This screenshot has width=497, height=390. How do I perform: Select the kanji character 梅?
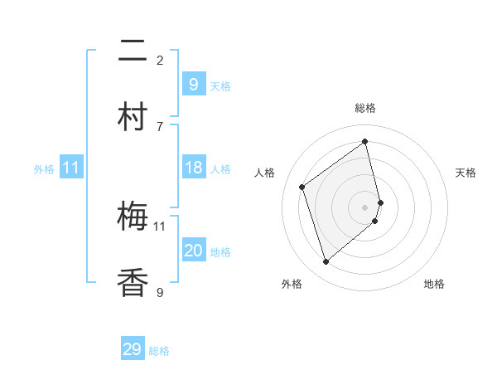133,217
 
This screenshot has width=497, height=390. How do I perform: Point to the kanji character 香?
133,282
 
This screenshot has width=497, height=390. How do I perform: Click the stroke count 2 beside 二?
160,60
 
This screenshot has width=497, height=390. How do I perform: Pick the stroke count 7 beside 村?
160,126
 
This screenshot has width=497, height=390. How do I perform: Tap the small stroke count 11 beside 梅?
160,226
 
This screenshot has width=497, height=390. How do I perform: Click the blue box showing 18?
193,168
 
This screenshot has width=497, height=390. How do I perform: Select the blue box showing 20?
193,251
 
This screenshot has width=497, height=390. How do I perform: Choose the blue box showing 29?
133,349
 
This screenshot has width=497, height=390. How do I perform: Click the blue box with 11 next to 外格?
71,168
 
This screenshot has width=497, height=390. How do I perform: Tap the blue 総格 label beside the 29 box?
159,351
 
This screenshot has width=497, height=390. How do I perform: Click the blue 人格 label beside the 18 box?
220,169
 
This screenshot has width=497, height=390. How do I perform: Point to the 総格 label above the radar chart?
365,108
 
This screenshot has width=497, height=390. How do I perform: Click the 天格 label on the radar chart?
466,173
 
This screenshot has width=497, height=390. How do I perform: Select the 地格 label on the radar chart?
434,284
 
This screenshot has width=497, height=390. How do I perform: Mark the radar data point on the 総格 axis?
365,141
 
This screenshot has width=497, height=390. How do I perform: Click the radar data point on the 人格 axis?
302,187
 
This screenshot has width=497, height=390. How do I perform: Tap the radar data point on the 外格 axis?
326,262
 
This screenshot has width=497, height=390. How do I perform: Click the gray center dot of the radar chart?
365,207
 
